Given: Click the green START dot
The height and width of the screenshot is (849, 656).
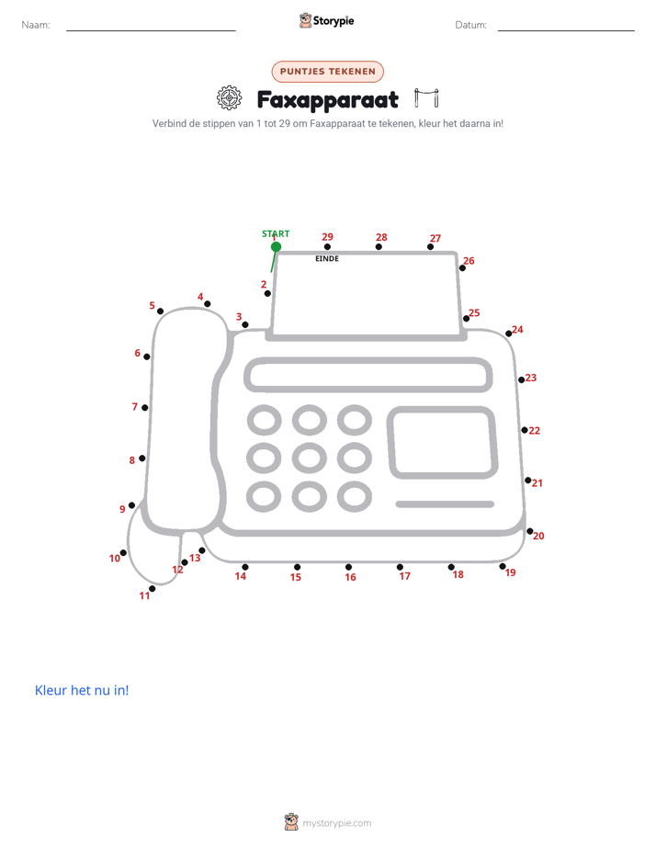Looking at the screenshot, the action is point(276,247).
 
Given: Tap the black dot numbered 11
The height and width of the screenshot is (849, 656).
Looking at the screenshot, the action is point(153,589).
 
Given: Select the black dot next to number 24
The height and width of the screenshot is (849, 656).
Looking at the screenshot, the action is point(509,334).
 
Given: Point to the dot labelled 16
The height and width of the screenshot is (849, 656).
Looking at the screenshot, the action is point(348,567).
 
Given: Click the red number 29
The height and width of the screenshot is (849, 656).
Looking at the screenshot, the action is point(327,237).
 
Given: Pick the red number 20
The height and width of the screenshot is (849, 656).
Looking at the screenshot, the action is point(538,536).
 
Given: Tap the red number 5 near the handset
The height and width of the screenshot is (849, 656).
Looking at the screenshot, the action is point(153,305).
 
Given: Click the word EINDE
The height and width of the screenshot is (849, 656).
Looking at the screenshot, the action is point(327,259).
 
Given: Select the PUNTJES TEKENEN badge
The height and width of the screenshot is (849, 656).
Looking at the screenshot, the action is point(327,72).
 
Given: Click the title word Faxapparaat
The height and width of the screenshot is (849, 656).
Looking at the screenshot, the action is point(328,99).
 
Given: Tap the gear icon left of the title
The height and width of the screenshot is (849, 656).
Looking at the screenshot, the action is point(230,98).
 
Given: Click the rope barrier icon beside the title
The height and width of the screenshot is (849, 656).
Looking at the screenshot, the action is point(426,97).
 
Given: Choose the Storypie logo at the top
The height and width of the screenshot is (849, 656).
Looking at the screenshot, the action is point(326,20).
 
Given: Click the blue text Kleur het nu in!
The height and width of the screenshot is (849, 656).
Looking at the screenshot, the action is point(82,690).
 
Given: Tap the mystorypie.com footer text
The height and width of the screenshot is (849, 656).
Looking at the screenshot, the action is point(336,823).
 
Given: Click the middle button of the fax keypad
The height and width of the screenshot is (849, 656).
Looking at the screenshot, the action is point(309,458).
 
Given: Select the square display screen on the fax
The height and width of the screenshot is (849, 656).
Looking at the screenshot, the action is point(442,442).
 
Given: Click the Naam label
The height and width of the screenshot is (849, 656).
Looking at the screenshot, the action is point(36,25).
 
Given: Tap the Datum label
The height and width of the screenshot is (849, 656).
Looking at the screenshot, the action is point(471,25).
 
